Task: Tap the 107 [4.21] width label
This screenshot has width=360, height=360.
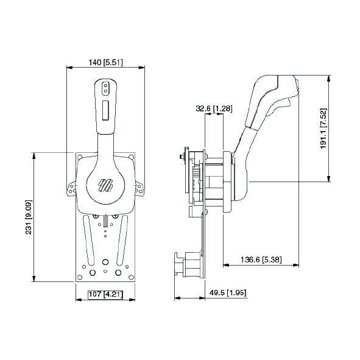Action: [106, 294]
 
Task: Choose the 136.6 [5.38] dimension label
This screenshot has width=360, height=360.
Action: [260, 259]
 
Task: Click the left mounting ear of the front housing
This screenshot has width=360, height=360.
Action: [69, 188]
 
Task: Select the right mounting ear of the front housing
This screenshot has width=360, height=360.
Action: [141, 188]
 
